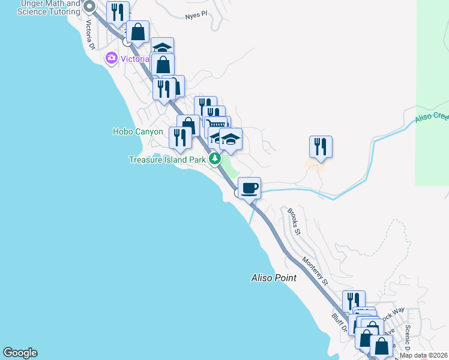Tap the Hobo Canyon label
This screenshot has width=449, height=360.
pos(137,131)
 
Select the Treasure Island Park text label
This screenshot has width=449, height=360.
pos(167,160)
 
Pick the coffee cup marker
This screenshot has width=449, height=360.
pos(250,188)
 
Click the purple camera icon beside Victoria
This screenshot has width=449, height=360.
pos(110,59)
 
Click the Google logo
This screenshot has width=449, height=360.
pos(20,353)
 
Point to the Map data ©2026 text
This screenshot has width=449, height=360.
pos(424,355)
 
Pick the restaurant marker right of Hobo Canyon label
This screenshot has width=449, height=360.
pos(180,137)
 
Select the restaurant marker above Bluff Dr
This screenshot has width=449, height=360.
pos(354,301)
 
